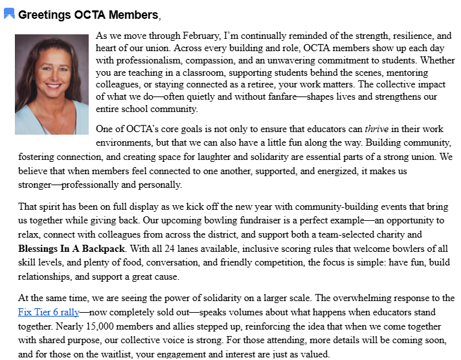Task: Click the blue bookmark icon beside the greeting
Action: (9, 14)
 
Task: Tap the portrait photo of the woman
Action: (51, 84)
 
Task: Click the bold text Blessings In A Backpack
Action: (69, 248)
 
